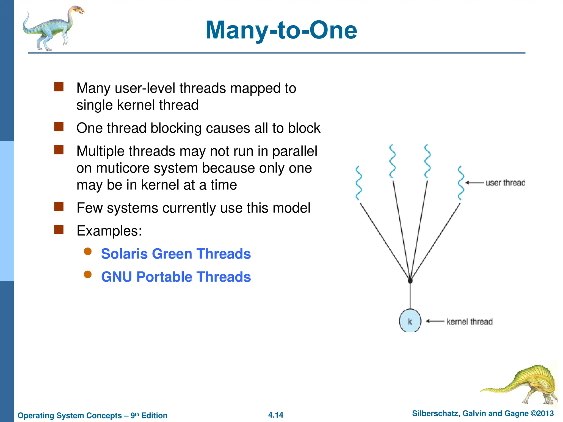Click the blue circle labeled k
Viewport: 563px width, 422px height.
410,321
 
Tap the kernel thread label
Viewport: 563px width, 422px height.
469,321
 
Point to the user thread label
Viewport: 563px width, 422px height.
505,183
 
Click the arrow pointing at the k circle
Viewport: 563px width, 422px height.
435,321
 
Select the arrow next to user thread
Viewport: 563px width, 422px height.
474,183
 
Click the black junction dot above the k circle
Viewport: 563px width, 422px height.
410,281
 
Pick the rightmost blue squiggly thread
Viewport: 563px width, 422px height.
461,183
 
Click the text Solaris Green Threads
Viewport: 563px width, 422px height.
176,254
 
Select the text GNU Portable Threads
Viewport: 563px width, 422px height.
176,277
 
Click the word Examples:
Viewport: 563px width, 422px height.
109,231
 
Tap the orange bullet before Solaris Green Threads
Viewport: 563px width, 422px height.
88,251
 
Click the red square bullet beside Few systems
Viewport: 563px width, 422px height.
59,207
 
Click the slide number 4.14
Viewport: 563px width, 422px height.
275,415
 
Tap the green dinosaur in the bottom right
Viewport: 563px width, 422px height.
528,385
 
